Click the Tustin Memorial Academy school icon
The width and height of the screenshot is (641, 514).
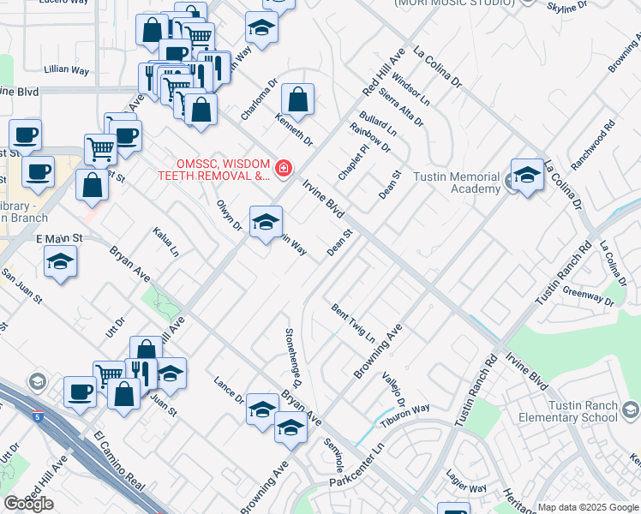click(527, 176)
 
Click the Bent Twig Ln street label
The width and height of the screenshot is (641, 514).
click(353, 322)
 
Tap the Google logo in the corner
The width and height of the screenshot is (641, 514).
click(28, 504)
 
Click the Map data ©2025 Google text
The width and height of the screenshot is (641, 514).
click(587, 507)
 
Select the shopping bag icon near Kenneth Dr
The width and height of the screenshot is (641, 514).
click(297, 100)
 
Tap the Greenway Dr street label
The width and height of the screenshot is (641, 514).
click(588, 296)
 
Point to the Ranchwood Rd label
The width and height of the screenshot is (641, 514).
click(597, 136)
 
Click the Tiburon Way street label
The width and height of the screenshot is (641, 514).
click(406, 415)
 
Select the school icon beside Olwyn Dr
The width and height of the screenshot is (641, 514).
click(266, 222)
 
